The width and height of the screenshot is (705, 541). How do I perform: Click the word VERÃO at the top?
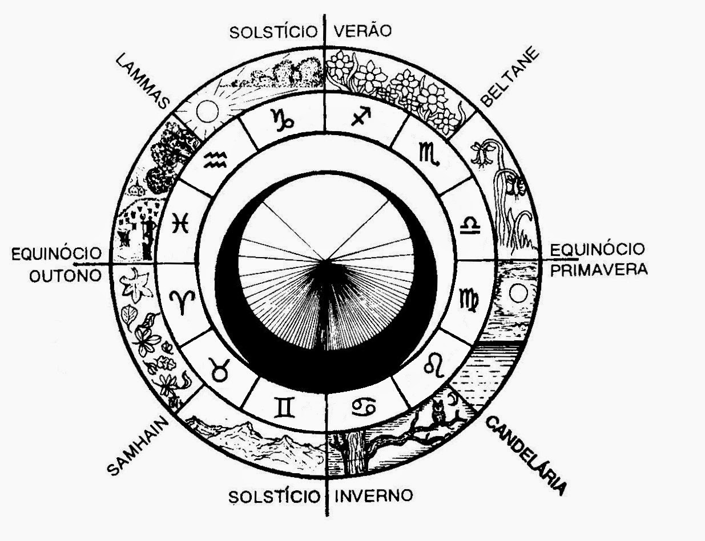tap(363, 31)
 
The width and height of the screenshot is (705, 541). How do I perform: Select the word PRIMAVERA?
tap(599, 269)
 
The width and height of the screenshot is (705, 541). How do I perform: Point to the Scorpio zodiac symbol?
tap(429, 154)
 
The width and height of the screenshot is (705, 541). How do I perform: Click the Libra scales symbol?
tap(470, 227)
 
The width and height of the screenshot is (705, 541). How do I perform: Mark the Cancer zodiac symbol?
tap(363, 406)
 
